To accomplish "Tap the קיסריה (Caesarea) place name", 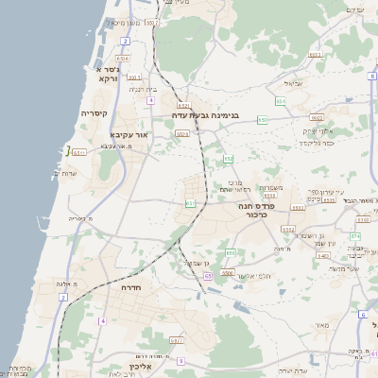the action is coord(94,113).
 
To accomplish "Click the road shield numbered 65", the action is coord(207,275).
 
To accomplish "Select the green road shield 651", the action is coord(190,202).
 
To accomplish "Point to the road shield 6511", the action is coord(79,151).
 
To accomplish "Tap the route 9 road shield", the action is coord(180,361).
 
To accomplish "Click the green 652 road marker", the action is coord(182,106).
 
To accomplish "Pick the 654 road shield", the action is coord(281,99).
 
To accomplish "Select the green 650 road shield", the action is coord(230,253).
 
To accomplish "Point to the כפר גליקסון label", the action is coord(318,143).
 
